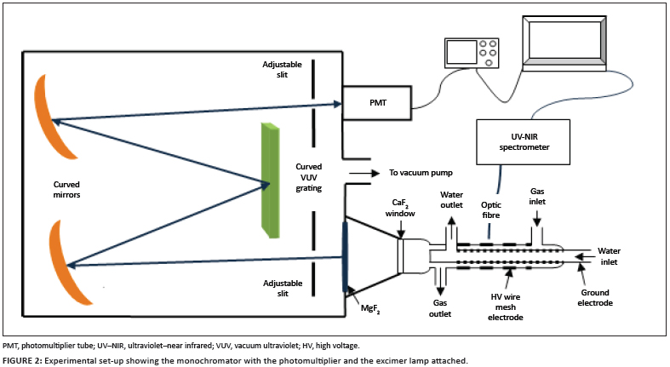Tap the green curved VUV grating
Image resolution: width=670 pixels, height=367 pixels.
click(x=272, y=180)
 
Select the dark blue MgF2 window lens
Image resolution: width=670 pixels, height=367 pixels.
click(x=346, y=255)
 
